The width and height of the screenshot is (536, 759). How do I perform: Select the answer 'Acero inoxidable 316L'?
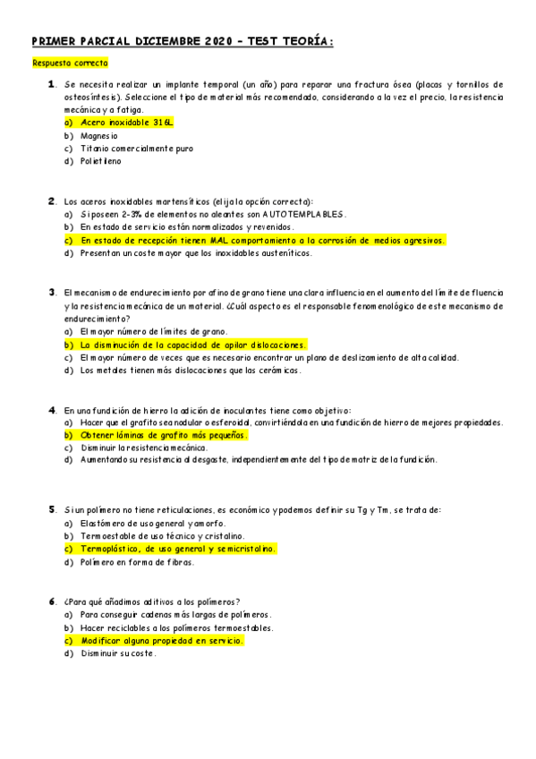(126, 122)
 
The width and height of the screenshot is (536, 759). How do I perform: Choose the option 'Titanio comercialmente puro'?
(136, 149)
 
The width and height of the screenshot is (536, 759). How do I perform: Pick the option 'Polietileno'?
(100, 162)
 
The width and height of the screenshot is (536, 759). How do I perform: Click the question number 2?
(52, 200)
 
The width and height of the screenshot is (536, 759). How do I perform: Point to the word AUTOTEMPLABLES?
(303, 215)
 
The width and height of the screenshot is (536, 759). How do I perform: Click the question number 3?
(52, 292)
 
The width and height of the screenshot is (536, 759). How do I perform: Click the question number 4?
(52, 409)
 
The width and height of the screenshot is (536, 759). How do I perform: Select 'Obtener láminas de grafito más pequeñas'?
(163, 435)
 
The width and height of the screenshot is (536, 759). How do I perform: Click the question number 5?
(52, 509)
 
